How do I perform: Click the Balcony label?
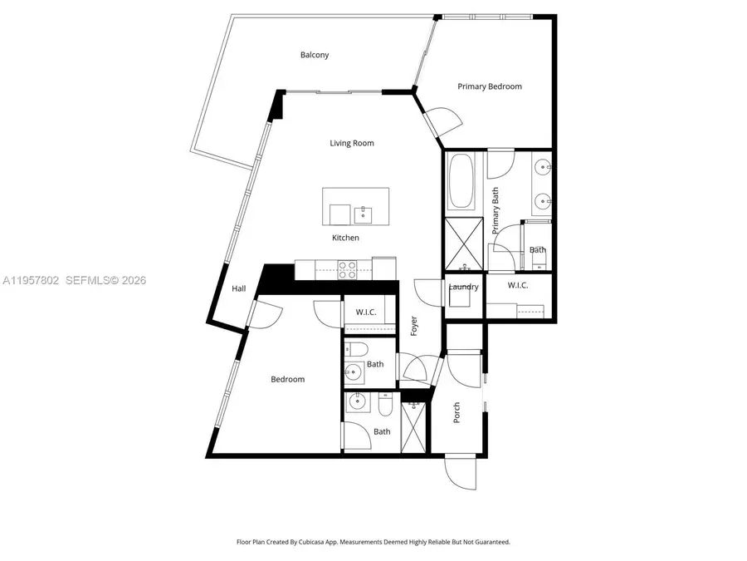coord(315,56)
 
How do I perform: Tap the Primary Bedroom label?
coord(490,86)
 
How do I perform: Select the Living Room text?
coord(352,143)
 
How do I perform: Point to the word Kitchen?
coord(346,238)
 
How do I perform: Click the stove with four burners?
coord(347,268)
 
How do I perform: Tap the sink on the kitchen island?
coord(364,214)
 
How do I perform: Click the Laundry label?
coord(463,288)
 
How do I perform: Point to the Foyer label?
coord(413,327)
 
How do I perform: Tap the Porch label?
coord(456,412)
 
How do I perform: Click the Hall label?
coord(239,288)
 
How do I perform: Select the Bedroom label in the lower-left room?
coord(288,379)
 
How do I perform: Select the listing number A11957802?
coord(31,281)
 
